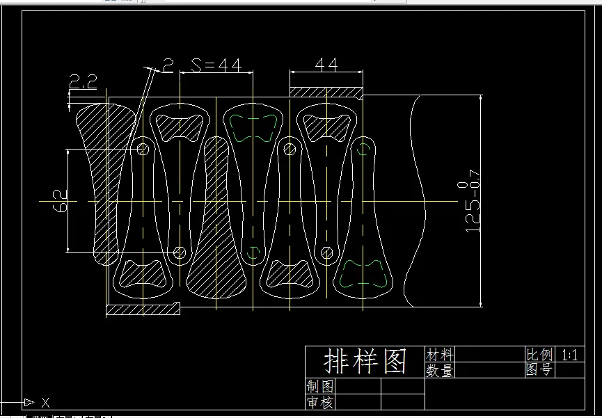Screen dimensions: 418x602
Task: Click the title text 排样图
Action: (x=365, y=362)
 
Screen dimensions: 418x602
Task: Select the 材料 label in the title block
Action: (x=439, y=355)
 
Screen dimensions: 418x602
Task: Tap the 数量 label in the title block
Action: (x=439, y=371)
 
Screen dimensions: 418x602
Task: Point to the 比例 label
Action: (x=539, y=355)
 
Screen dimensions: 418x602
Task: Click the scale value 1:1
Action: (x=570, y=355)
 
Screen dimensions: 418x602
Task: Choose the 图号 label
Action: (x=539, y=370)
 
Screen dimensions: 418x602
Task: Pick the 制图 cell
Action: (x=319, y=386)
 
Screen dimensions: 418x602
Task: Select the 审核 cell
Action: (x=319, y=402)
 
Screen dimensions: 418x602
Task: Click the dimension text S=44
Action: (x=216, y=65)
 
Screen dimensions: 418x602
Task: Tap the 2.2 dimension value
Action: (x=83, y=83)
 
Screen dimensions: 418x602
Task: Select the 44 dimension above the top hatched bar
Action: (x=326, y=65)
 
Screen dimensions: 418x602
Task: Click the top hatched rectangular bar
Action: (x=326, y=92)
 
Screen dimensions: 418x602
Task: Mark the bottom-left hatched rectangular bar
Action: (x=143, y=308)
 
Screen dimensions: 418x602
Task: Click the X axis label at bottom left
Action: (x=45, y=403)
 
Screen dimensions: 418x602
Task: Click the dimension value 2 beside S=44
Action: (x=168, y=65)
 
